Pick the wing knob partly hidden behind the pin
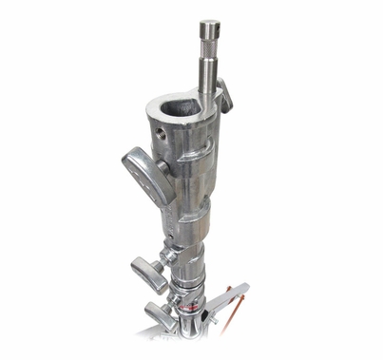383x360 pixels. (225, 94)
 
